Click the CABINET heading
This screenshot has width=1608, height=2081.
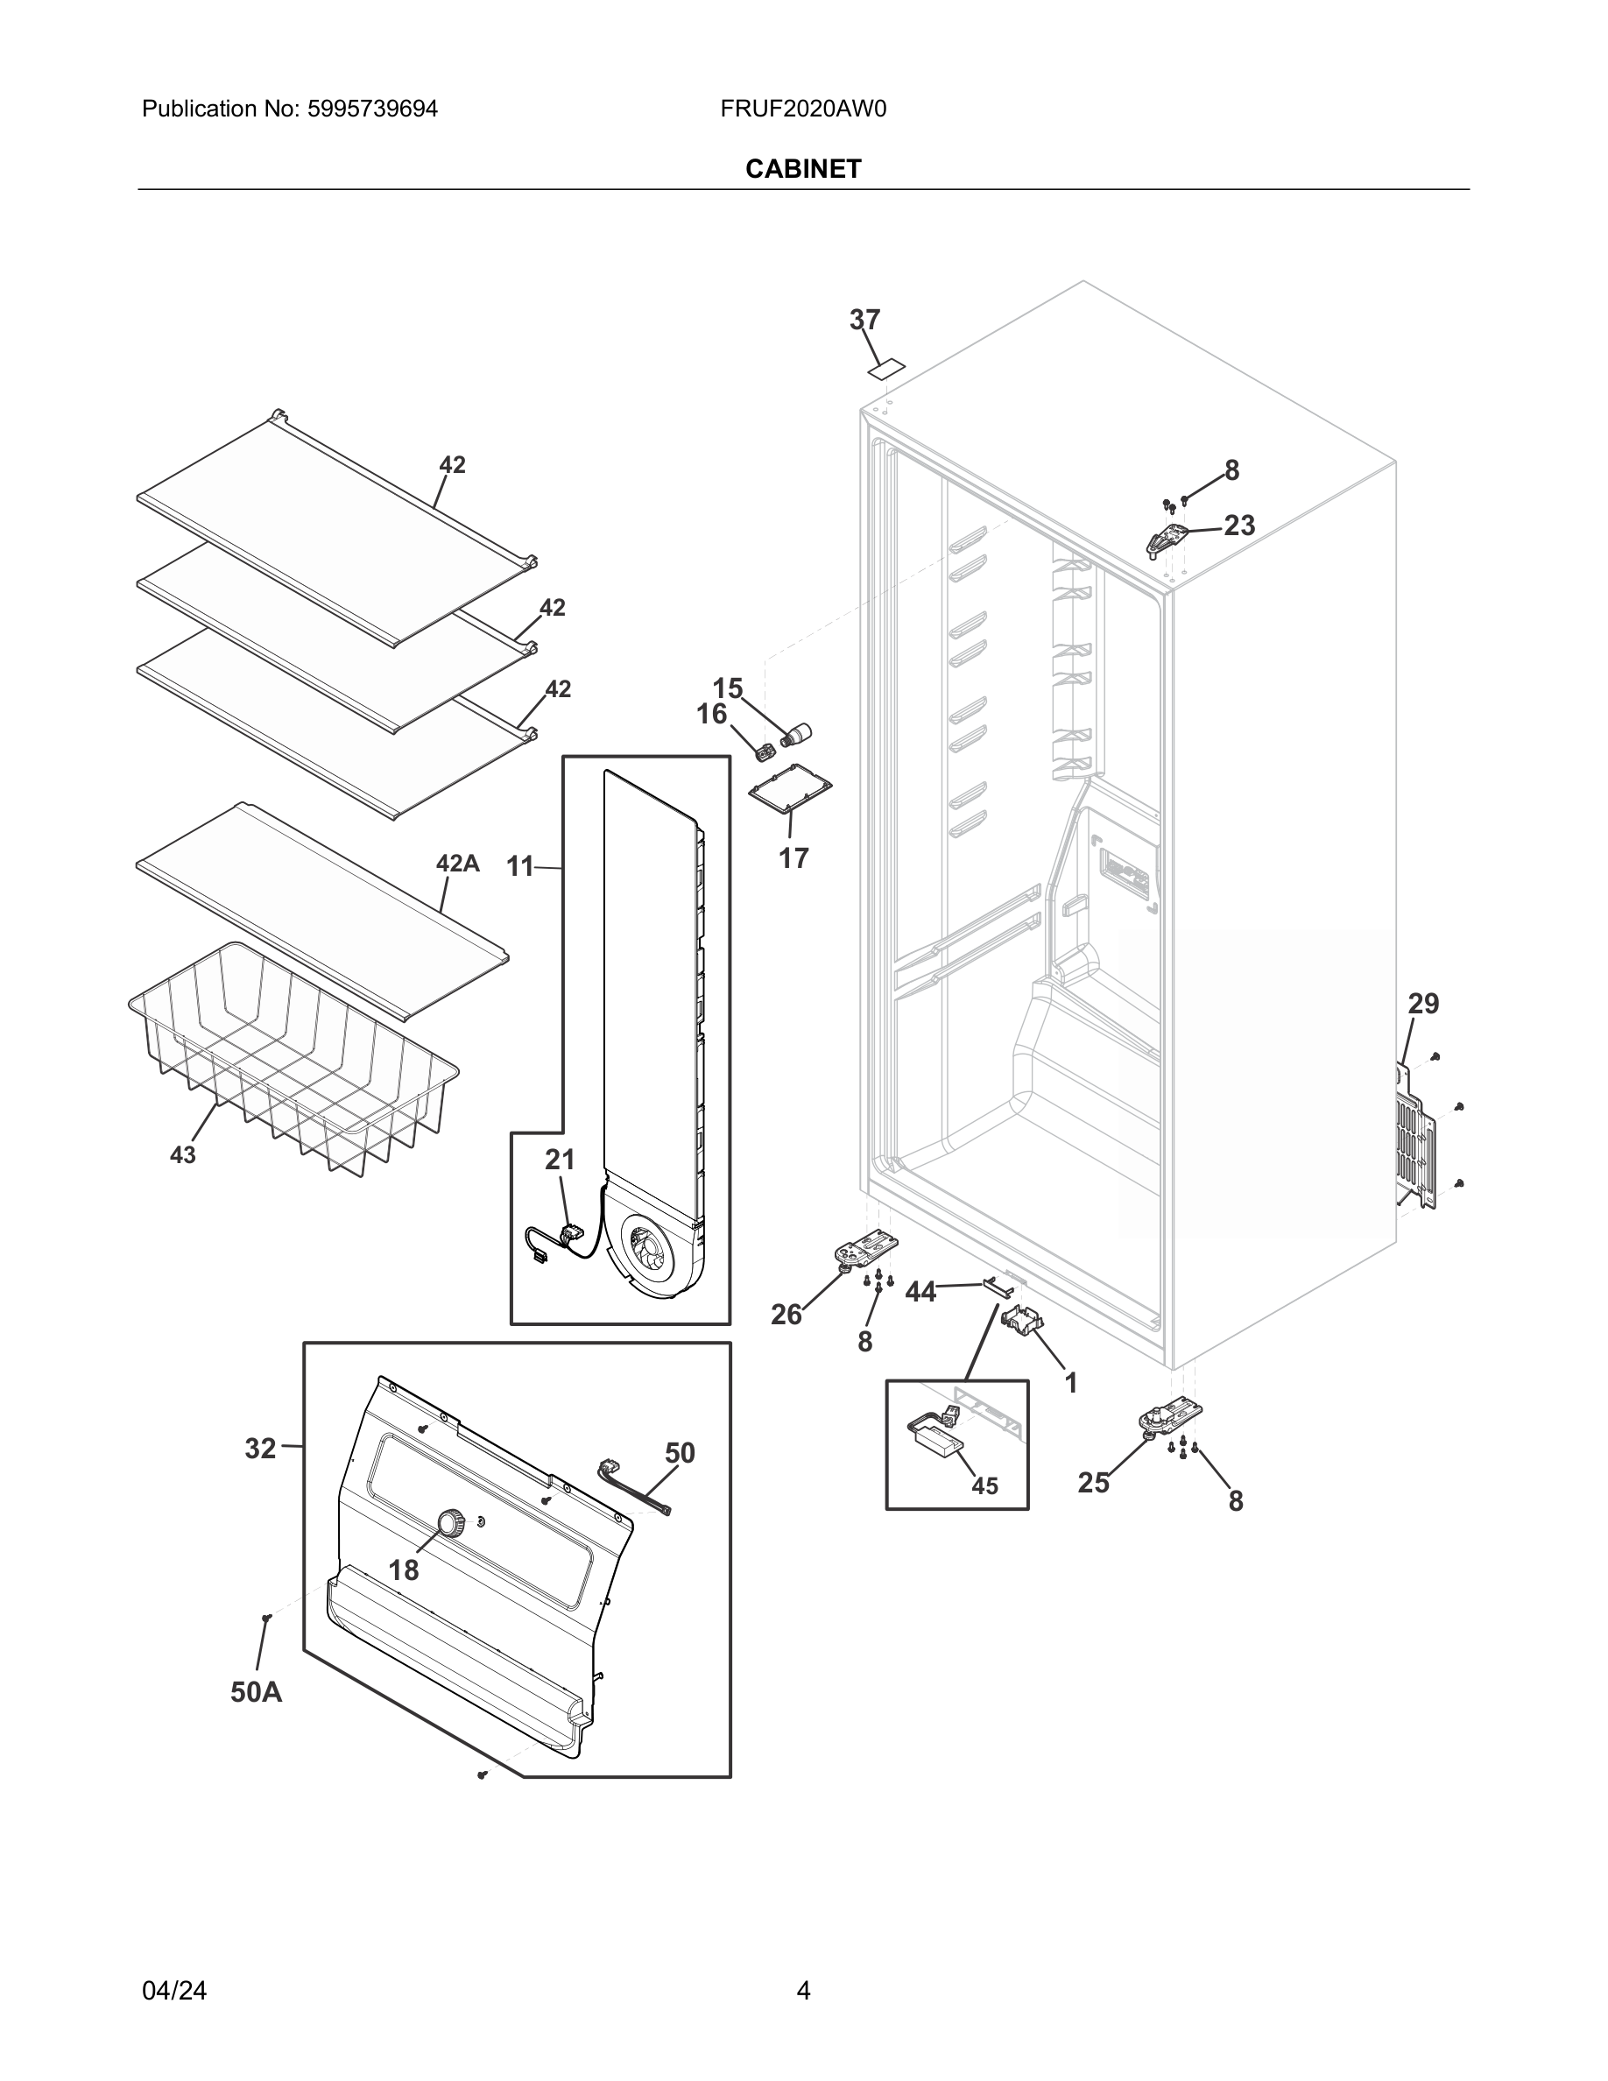click(803, 169)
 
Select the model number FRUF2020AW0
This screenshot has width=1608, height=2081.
click(803, 109)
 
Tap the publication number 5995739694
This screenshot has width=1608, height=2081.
click(371, 109)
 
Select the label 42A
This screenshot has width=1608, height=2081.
click(457, 864)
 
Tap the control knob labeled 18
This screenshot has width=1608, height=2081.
click(449, 1522)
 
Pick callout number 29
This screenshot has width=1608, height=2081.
click(1423, 1004)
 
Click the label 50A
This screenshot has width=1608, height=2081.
click(257, 1692)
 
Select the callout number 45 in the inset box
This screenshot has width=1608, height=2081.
click(984, 1485)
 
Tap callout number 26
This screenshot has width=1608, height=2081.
click(786, 1315)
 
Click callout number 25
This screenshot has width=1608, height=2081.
click(1094, 1483)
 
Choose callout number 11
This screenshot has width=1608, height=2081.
click(519, 866)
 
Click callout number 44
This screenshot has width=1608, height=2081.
click(920, 1292)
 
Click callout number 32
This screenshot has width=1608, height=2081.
click(260, 1449)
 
